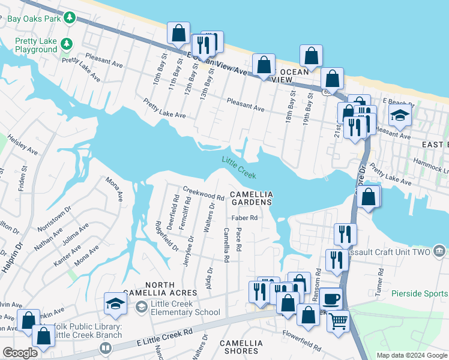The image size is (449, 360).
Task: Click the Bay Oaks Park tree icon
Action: (x=70, y=18)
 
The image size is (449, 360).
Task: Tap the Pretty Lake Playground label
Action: (x=36, y=46)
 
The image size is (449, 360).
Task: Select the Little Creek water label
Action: (x=239, y=167)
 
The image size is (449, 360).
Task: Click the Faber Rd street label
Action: (x=244, y=218)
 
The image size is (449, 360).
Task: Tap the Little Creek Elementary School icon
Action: (x=142, y=308)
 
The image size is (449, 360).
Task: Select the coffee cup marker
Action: (x=330, y=299)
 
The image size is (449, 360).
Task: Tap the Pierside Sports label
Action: (x=420, y=293)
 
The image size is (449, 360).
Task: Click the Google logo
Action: (x=20, y=353)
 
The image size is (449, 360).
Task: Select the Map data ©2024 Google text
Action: (x=411, y=355)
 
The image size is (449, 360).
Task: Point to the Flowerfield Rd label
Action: (x=303, y=338)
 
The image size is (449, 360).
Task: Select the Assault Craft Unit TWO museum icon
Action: (x=439, y=250)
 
